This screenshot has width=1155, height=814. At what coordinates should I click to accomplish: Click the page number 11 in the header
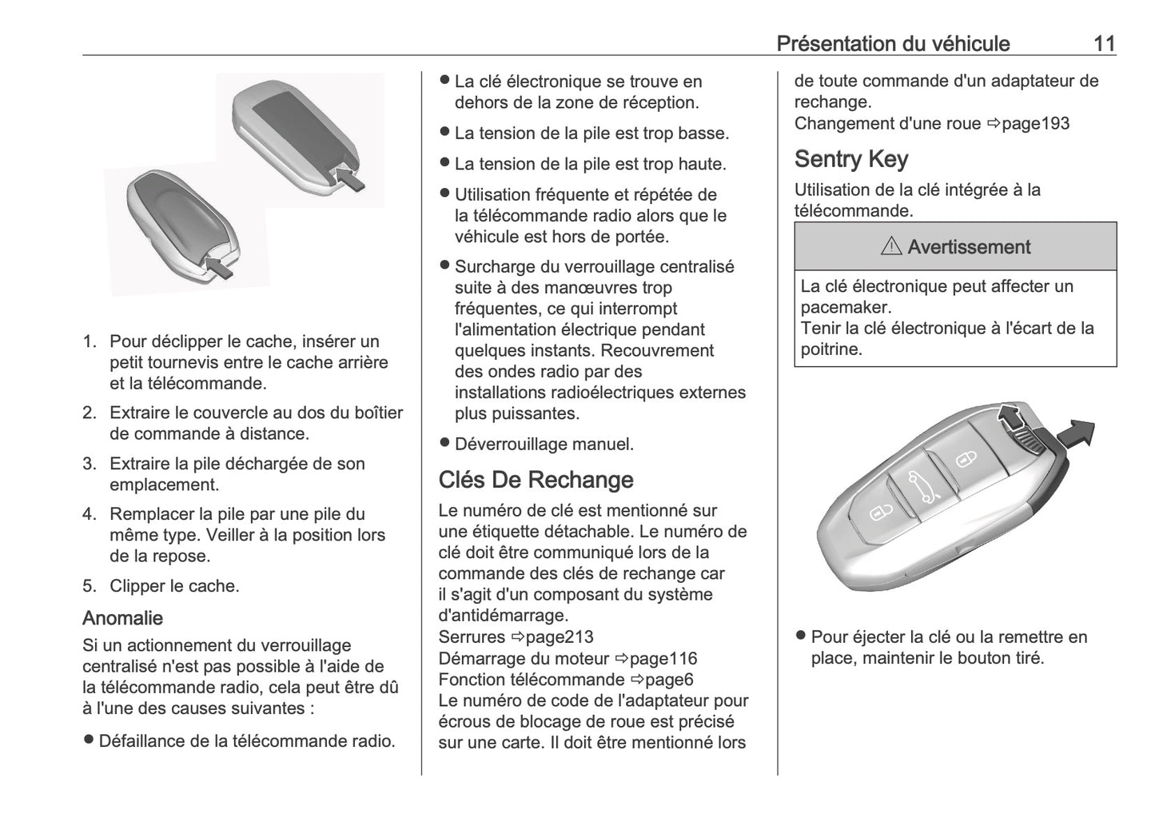click(x=1104, y=43)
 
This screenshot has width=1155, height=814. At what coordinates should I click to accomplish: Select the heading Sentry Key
click(x=850, y=159)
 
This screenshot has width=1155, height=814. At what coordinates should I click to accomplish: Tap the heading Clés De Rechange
click(x=536, y=480)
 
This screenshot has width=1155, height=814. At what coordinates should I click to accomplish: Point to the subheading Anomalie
click(x=122, y=618)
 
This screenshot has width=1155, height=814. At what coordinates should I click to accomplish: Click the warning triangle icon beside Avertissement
click(x=891, y=248)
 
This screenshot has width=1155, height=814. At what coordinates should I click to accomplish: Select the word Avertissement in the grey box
click(x=969, y=247)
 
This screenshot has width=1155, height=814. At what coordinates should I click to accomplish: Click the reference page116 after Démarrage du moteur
click(x=663, y=659)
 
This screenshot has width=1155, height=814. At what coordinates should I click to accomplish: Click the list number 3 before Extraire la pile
click(x=89, y=464)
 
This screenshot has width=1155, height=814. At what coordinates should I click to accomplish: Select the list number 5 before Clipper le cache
click(x=89, y=586)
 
